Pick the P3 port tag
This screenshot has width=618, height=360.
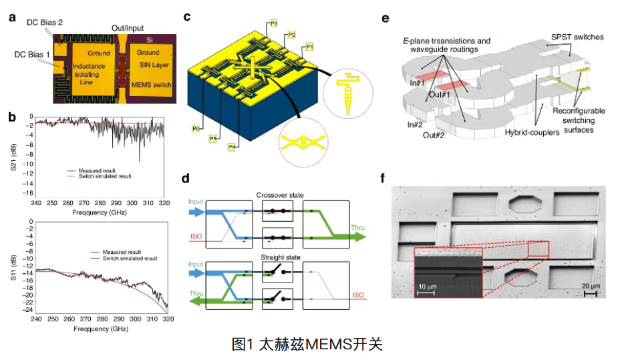(274, 23)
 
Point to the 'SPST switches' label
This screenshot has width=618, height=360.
(577, 37)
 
